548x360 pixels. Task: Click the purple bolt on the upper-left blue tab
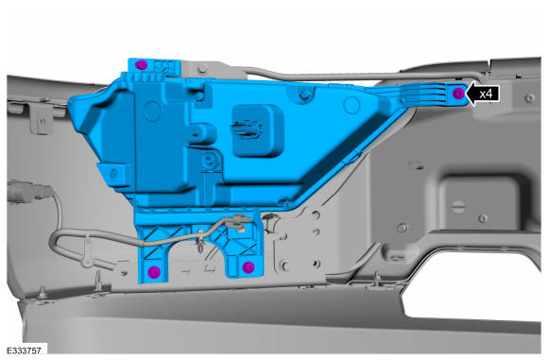(x=141, y=64)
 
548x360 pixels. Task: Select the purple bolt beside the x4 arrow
(x=458, y=94)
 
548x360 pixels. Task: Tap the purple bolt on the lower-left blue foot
(x=154, y=271)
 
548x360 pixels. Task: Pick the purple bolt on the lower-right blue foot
(x=248, y=267)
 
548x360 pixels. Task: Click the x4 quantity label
(x=486, y=94)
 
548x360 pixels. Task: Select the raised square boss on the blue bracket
(x=258, y=130)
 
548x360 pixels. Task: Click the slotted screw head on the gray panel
(x=458, y=206)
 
